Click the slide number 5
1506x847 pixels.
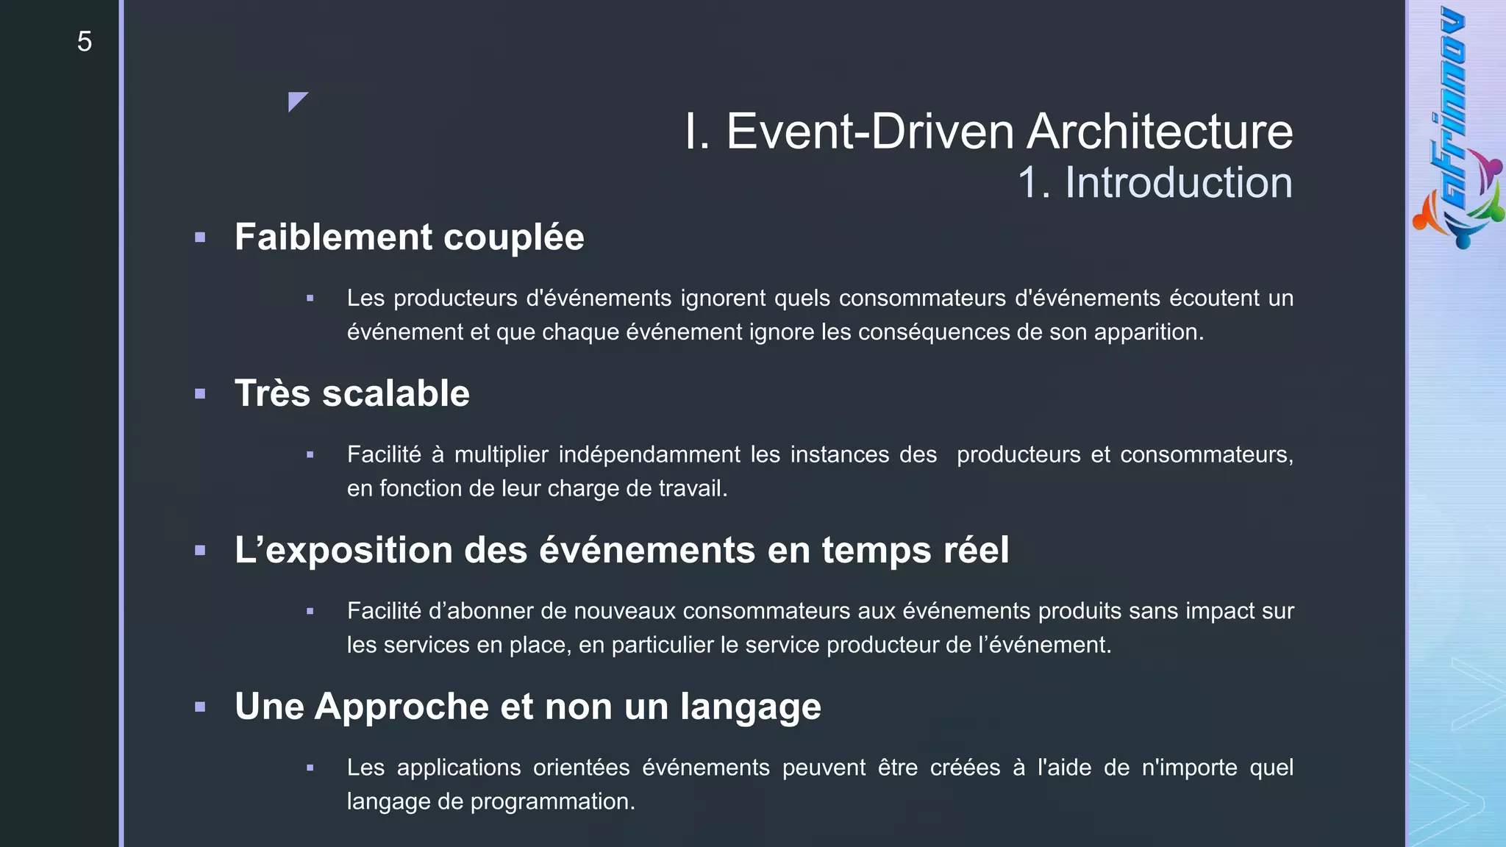pos(85,41)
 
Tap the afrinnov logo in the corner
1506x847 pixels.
pos(1457,129)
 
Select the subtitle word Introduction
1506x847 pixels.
pos(1178,182)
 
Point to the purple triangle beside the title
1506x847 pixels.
pos(296,100)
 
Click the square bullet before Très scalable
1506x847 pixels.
pos(200,394)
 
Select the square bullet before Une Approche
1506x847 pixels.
pos(200,707)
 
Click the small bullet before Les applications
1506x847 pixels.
pos(310,768)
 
